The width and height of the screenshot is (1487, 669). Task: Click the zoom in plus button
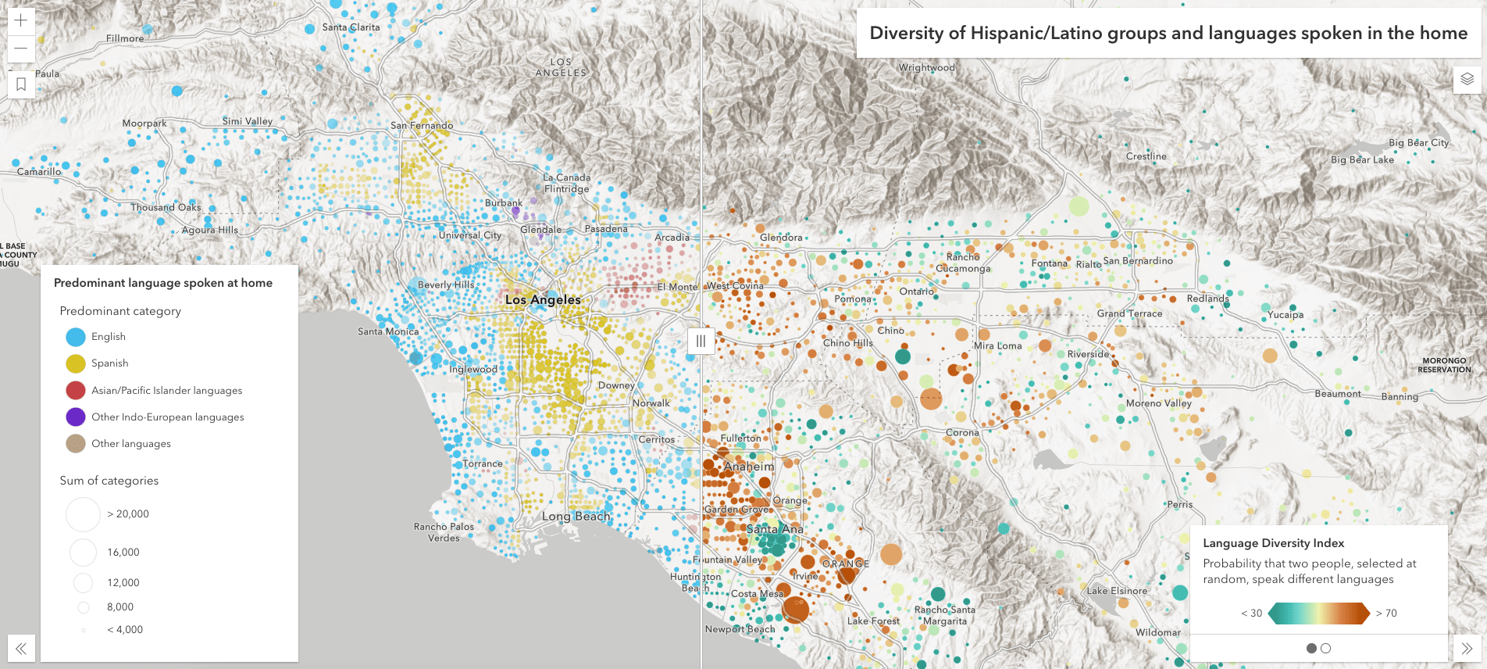coord(21,20)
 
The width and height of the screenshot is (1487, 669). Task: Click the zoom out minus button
coord(21,48)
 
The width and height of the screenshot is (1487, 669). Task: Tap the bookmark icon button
coord(21,84)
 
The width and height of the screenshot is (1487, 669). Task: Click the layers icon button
coord(1467,79)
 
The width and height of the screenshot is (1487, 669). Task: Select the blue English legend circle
coord(76,337)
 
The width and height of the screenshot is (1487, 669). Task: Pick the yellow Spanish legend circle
coord(76,363)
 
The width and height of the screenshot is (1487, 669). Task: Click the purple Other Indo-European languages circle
coord(76,417)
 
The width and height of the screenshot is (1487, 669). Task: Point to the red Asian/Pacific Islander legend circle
coord(76,390)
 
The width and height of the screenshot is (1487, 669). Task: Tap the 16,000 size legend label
coord(123,552)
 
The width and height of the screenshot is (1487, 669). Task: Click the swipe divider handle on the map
coord(701,341)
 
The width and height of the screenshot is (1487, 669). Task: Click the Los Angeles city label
coord(543,299)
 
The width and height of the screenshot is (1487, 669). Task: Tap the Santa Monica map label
coord(388,331)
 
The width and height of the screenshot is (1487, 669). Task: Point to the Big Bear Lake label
coord(1362,159)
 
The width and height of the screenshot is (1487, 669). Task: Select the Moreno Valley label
coord(1158,403)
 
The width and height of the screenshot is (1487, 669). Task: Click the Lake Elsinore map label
coord(1117,591)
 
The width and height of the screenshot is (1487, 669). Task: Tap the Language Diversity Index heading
coord(1273,543)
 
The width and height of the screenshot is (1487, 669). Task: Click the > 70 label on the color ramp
coord(1386,614)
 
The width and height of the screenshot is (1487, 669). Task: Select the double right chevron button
coord(1467,648)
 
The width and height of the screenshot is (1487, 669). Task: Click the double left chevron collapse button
coord(21,648)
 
